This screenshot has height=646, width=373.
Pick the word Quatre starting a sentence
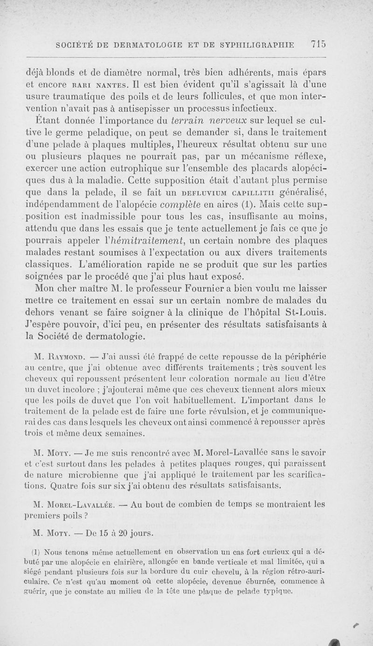tap(86, 486)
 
